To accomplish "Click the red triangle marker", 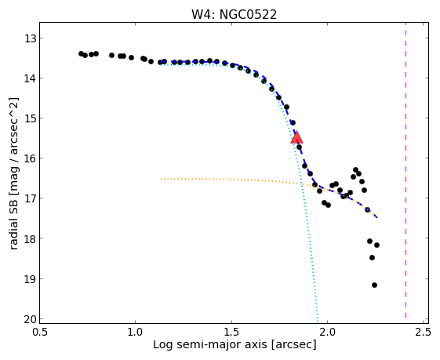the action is (296, 137).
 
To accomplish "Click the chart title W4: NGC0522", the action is (234, 14).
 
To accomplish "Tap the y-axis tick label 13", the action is (30, 38).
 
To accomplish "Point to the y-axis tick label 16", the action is (30, 158).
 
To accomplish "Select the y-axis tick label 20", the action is (30, 319).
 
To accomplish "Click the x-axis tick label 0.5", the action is (40, 333).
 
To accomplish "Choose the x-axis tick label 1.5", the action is (231, 333).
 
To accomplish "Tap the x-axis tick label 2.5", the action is (423, 333).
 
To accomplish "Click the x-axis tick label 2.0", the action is (328, 333).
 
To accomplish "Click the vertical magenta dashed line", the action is (405, 170).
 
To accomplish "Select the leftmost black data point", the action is (81, 53).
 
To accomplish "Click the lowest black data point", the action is (374, 285).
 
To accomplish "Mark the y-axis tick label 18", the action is (30, 238).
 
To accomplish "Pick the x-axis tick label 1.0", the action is (135, 333).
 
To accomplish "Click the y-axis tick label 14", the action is (30, 78).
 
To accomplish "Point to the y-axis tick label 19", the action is (30, 278).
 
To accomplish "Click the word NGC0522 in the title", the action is (248, 14).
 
